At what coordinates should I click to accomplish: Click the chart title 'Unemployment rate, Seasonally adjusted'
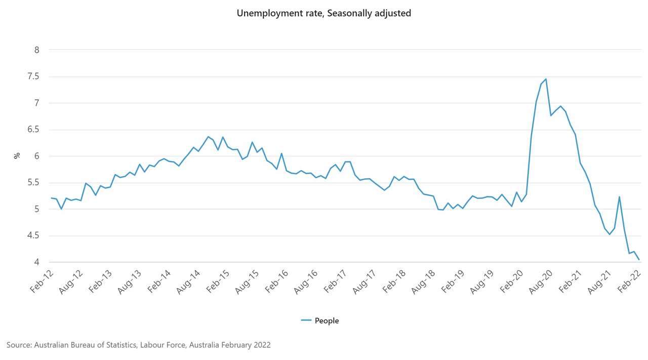tap(323, 14)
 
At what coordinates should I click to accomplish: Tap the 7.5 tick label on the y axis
tap(33, 76)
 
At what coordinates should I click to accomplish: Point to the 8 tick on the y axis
tap(37, 50)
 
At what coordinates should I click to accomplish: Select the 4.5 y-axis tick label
tap(33, 235)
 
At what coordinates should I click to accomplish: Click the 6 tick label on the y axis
tap(37, 156)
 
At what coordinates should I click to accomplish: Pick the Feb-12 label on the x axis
tap(42, 282)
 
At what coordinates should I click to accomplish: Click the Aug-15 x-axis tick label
tap(247, 282)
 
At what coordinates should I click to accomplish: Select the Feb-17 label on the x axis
tap(334, 282)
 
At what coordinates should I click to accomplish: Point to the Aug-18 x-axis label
tap(422, 282)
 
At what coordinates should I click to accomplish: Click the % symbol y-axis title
tap(17, 156)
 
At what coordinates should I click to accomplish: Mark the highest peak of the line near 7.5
tap(545, 79)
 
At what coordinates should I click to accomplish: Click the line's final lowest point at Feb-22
tap(639, 260)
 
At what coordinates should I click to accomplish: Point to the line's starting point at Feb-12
tap(51, 198)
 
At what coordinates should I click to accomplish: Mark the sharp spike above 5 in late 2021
tap(619, 197)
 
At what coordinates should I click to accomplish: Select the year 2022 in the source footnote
tap(261, 345)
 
